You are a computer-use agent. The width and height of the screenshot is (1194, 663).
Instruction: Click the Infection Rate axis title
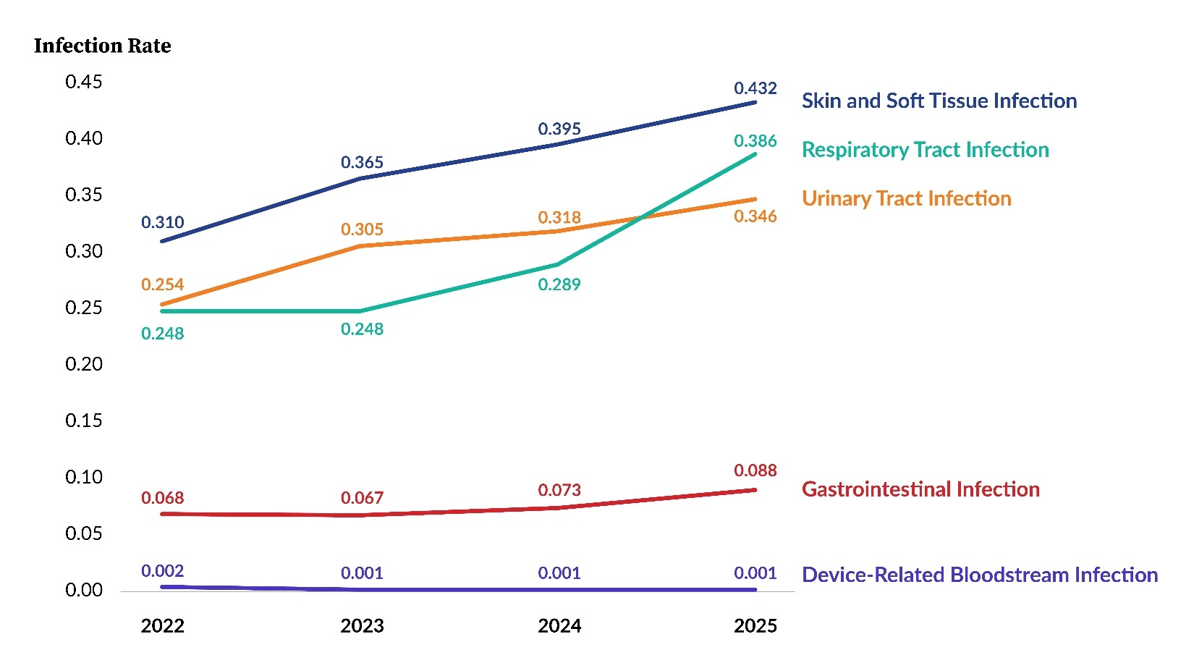tap(102, 46)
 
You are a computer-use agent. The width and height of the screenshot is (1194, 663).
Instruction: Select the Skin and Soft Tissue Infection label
tap(939, 101)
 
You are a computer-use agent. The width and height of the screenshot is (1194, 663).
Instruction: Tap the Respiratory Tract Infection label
tap(925, 150)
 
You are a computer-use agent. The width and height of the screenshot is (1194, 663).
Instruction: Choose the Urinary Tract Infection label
tap(906, 198)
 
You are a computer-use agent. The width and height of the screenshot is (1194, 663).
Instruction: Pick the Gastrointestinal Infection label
tap(920, 489)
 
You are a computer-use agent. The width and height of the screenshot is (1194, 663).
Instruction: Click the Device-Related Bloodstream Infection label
tap(979, 575)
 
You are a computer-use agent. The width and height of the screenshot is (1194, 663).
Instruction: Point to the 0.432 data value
tap(755, 88)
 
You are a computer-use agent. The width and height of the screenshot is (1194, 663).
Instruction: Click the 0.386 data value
tap(755, 140)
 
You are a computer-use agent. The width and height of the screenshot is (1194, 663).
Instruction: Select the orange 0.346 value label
tap(755, 216)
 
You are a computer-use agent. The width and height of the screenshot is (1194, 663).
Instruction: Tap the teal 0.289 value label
tap(559, 284)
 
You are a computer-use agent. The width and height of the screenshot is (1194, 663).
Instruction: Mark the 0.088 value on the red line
tap(755, 470)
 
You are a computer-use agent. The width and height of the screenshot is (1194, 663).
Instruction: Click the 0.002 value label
tap(162, 571)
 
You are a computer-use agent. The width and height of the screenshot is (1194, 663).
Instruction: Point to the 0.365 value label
tap(362, 162)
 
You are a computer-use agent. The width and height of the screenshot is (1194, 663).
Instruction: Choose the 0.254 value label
tap(162, 284)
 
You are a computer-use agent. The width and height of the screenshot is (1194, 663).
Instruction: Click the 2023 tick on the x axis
tap(362, 626)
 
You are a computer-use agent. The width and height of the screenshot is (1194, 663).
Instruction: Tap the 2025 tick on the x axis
tap(755, 626)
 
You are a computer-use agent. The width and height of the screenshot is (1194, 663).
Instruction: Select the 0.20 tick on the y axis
tap(84, 364)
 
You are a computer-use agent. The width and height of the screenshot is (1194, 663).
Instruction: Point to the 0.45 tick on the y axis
tap(84, 82)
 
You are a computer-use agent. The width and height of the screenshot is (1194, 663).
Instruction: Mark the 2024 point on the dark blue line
tap(559, 144)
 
